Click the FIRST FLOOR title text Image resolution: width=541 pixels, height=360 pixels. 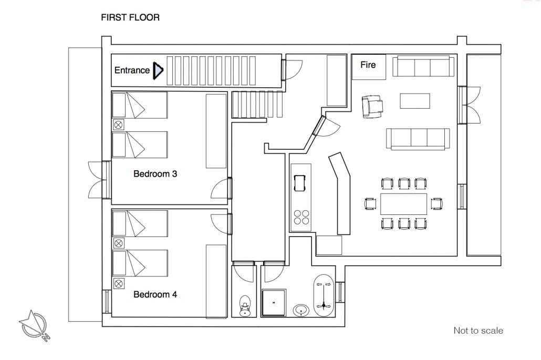tap(130, 17)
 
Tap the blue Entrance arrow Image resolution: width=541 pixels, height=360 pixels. tap(158, 70)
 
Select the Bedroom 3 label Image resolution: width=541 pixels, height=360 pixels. tap(155, 173)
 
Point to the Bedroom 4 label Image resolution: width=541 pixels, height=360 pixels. tap(155, 294)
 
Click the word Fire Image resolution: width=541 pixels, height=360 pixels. tap(368, 65)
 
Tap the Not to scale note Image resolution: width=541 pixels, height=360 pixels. tap(478, 331)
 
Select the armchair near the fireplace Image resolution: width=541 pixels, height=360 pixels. tap(372, 107)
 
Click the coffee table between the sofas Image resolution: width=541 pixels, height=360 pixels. tap(415, 101)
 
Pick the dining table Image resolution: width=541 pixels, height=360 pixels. tap(403, 204)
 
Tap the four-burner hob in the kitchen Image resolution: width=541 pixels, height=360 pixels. tap(301, 217)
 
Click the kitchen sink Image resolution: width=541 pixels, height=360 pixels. tap(299, 183)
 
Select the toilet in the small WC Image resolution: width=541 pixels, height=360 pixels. tap(245, 306)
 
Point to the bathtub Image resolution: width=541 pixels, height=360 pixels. tap(324, 296)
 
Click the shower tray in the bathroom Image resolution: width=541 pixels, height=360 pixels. tap(274, 303)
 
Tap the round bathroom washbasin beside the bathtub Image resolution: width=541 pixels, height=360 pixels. tap(301, 310)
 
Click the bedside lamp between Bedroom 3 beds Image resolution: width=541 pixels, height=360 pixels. tap(118, 125)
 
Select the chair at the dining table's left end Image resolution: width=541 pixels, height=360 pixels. tap(370, 203)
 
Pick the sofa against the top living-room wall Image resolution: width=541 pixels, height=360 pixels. tap(423, 66)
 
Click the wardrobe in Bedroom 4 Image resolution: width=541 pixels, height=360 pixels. tap(216, 281)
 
